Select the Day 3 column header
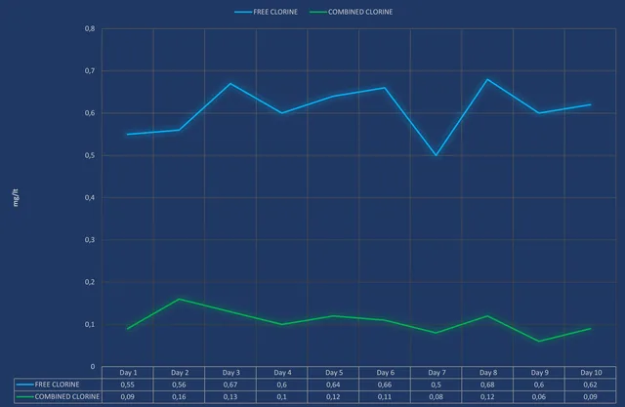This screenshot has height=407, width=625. (x=230, y=373)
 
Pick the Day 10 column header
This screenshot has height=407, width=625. (x=591, y=373)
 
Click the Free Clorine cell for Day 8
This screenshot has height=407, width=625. (x=488, y=385)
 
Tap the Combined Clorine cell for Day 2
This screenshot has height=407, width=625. (x=179, y=396)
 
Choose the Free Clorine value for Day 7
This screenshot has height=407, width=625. (x=437, y=385)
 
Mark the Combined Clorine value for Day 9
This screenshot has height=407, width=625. (x=540, y=396)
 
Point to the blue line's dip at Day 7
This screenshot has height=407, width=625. (x=437, y=155)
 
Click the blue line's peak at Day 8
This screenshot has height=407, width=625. (x=488, y=79)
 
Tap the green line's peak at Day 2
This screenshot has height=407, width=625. (x=179, y=299)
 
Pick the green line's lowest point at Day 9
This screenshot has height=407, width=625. (x=540, y=341)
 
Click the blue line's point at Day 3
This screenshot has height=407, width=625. (x=230, y=83)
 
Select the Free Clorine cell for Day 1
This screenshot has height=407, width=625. (x=128, y=385)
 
